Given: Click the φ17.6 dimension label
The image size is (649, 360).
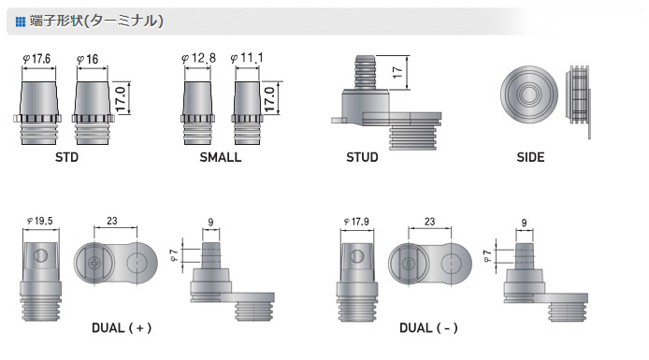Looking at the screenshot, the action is point(36,59).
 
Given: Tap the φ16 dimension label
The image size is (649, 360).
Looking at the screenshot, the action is point(88,60).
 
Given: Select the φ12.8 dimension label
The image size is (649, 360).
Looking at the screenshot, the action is point(198,58).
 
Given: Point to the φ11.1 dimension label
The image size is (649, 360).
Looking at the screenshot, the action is point(247,58).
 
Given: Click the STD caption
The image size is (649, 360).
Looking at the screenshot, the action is point(66,158).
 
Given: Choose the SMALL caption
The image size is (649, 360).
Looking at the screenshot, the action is point(220,158).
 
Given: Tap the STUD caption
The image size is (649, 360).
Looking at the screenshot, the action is point(362,158).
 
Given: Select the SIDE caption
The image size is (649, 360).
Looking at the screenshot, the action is point(530,158).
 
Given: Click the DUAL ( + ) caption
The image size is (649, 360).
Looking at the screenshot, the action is point(122,328).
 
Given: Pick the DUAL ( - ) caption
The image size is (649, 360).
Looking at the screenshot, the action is point(428,328).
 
